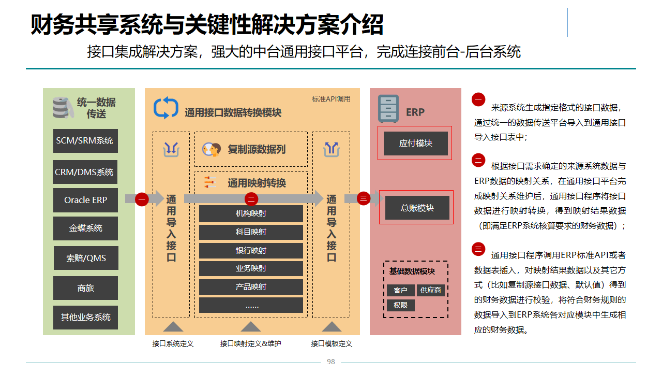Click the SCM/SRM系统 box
85,141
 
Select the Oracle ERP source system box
85,200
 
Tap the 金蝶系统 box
85,228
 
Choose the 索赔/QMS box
85,258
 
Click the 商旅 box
85,288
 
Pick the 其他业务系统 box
85,317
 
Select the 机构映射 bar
251,213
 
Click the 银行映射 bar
251,251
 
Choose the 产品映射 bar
251,287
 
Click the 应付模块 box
415,144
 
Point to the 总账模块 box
417,208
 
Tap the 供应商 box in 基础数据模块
431,290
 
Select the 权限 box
400,305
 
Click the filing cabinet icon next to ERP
388,108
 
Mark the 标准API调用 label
331,99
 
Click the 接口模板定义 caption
332,343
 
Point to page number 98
331,362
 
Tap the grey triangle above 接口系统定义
173,326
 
